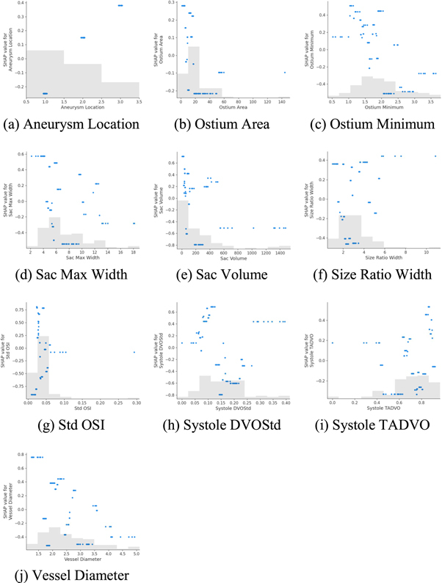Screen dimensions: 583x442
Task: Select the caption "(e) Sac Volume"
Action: pyautogui.click(x=225, y=274)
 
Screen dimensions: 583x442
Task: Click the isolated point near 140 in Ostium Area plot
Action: pyautogui.click(x=284, y=73)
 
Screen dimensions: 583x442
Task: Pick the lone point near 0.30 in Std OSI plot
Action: pyautogui.click(x=134, y=352)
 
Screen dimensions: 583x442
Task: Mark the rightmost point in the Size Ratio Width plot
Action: pyautogui.click(x=435, y=155)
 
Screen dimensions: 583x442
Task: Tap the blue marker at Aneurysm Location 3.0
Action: pyautogui.click(x=120, y=6)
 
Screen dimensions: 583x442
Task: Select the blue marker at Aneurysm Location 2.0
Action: pyautogui.click(x=82, y=37)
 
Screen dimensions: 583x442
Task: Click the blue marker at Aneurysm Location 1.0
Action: pyautogui.click(x=45, y=93)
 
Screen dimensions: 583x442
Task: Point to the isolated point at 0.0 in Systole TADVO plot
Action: pyautogui.click(x=333, y=342)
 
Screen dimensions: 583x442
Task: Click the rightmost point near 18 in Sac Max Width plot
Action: pyautogui.click(x=134, y=223)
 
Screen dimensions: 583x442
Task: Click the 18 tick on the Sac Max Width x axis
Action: pyautogui.click(x=134, y=252)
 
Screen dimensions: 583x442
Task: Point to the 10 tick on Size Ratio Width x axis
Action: pyautogui.click(x=427, y=252)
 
